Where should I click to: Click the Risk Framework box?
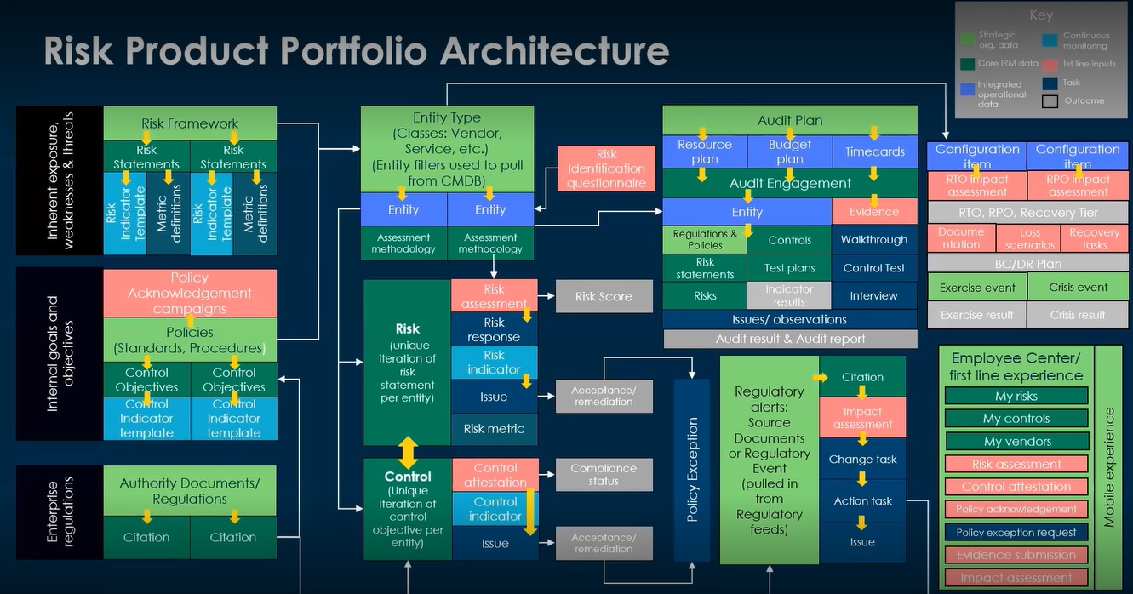[x=190, y=123]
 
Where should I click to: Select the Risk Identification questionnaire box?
[x=606, y=168]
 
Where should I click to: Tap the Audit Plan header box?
[x=790, y=120]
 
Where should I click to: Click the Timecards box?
[x=874, y=151]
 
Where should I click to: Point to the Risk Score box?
[x=604, y=296]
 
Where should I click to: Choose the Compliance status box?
[x=604, y=474]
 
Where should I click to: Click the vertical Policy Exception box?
[x=693, y=470]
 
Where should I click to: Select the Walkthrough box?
[x=874, y=239]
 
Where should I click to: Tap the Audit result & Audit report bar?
[x=790, y=339]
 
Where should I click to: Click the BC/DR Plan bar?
[x=1028, y=263]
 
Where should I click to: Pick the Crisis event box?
[x=1078, y=287]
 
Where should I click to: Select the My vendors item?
[x=1016, y=441]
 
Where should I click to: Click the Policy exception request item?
[x=1016, y=532]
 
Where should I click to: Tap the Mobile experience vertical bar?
[x=1108, y=466]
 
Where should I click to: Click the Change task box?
[x=862, y=459]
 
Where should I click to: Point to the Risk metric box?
[x=494, y=428]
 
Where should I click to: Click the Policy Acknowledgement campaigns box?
[x=190, y=293]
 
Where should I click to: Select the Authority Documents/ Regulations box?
[x=190, y=490]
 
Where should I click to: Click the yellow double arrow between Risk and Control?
[x=408, y=452]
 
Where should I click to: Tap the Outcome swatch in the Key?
[x=1051, y=101]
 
